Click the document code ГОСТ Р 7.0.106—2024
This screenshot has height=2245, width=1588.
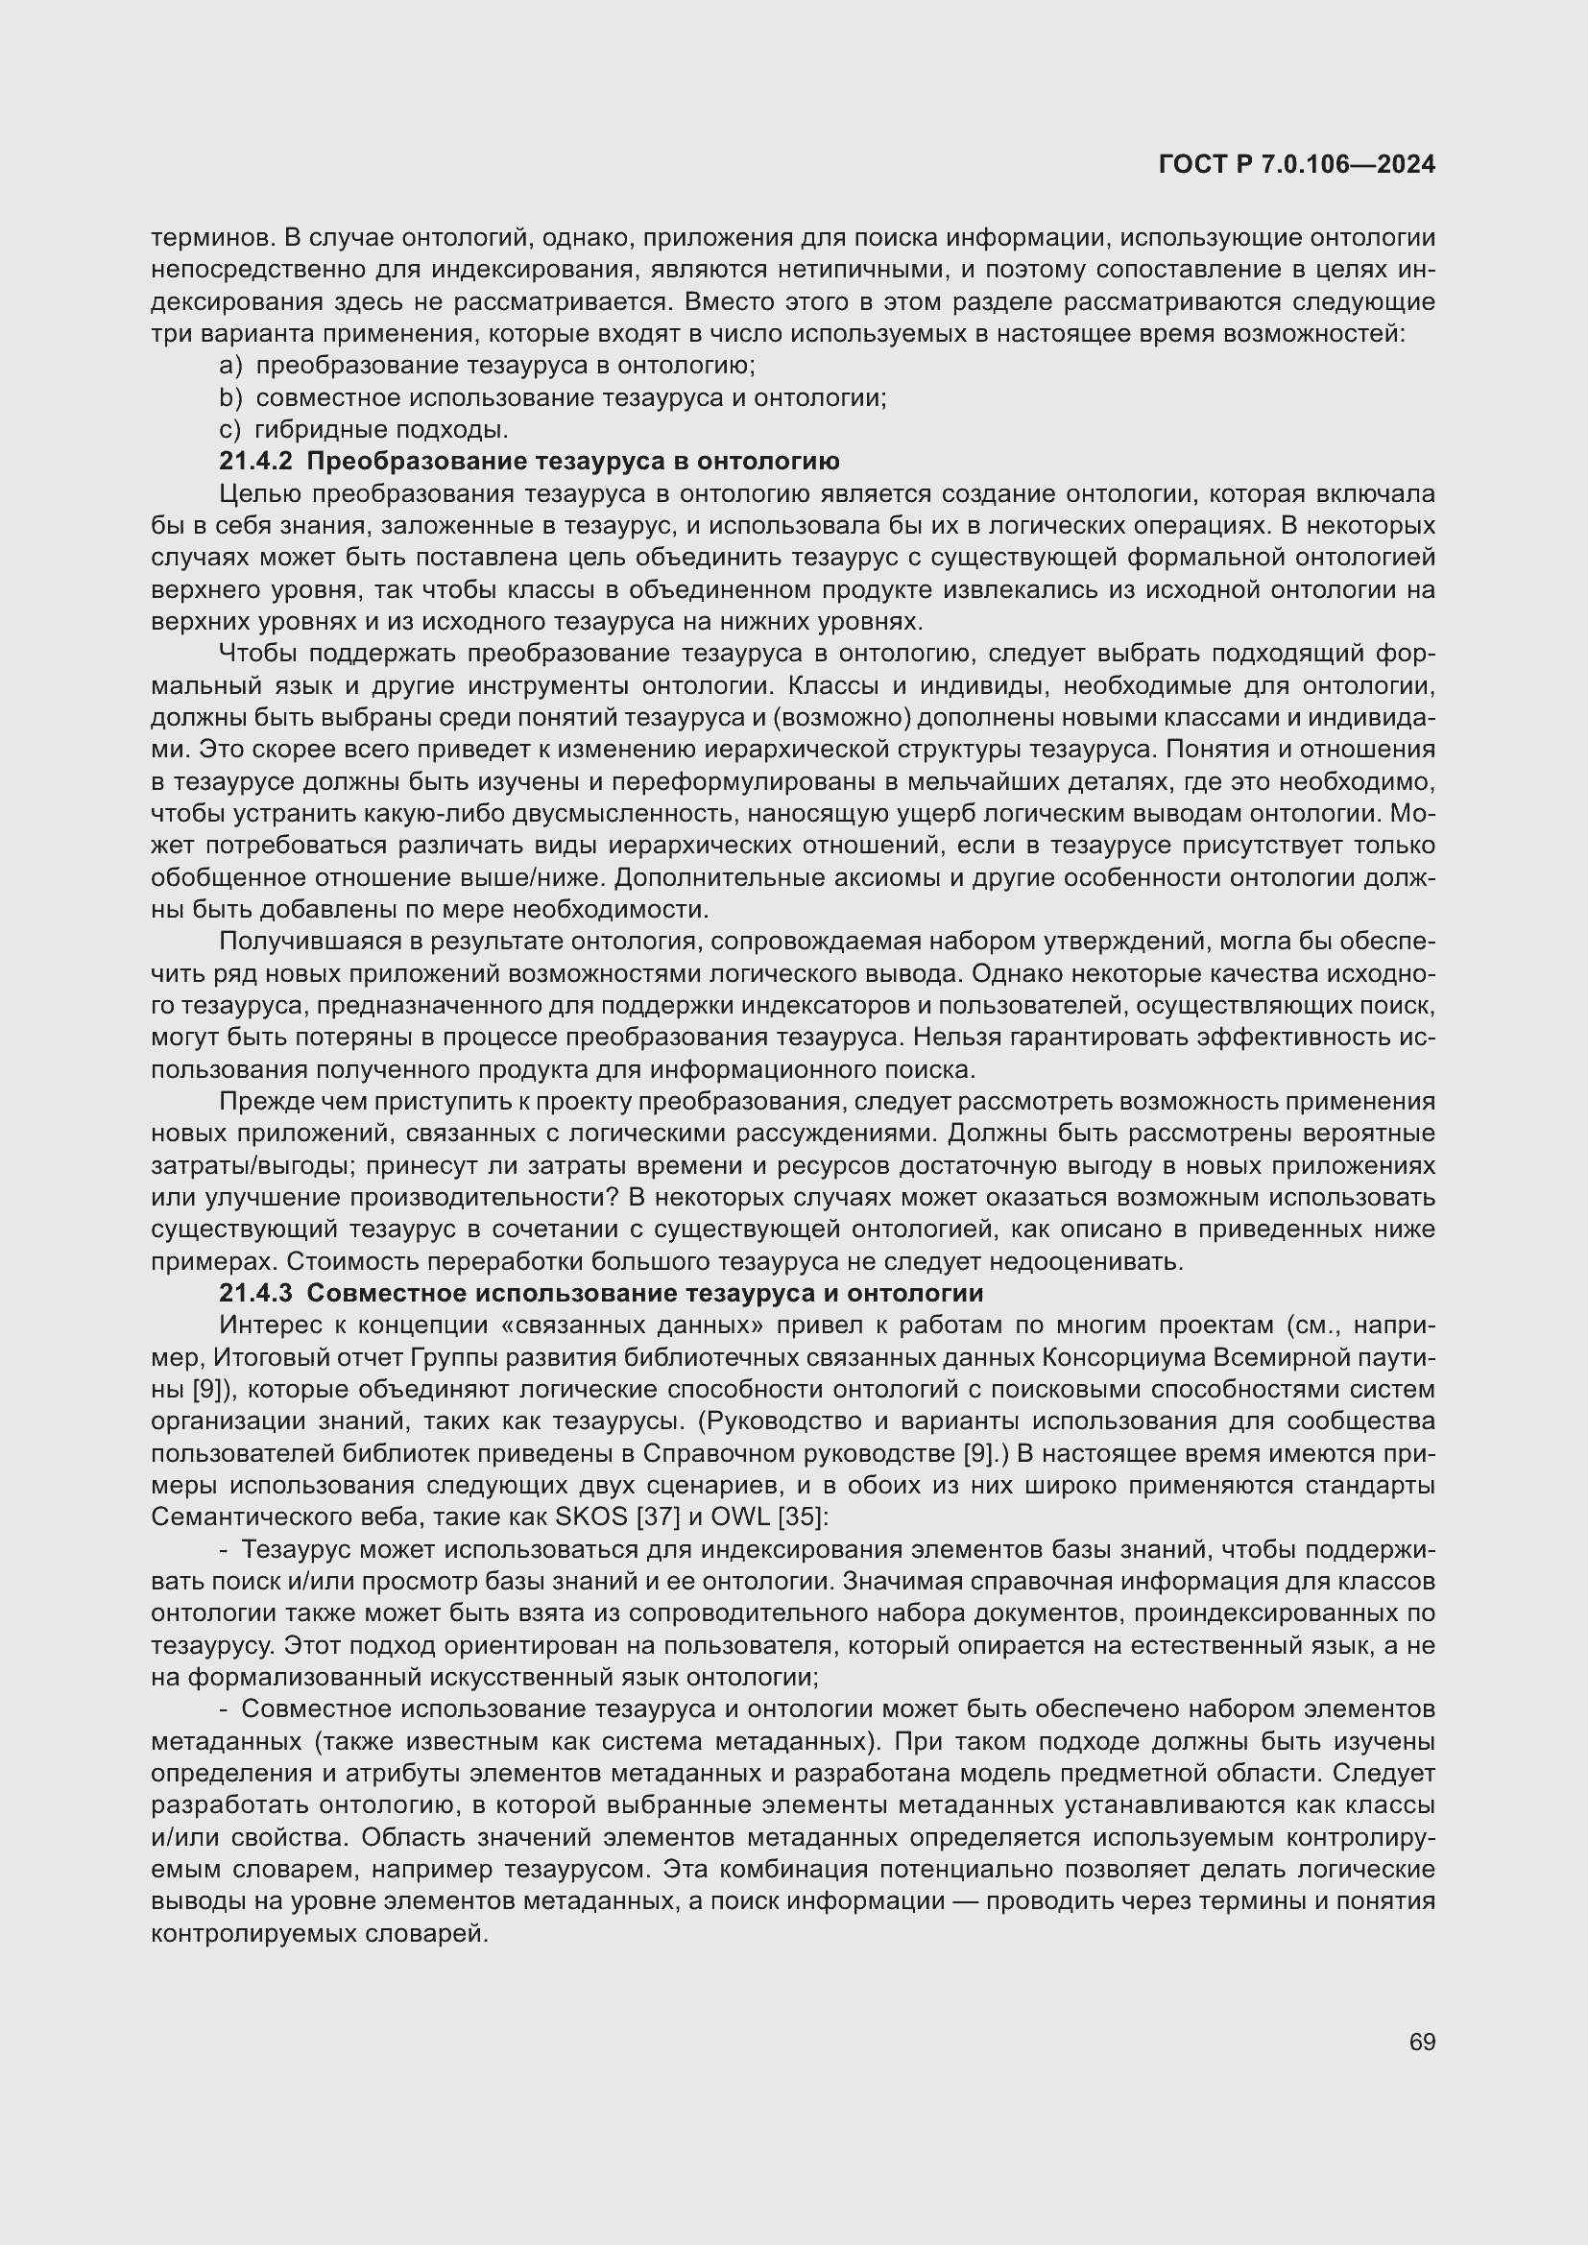tap(1296, 164)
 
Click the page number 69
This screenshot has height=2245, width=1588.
tap(1422, 2042)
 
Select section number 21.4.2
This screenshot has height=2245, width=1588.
tap(255, 462)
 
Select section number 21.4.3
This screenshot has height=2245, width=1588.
tap(255, 1294)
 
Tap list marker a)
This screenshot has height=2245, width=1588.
tap(230, 366)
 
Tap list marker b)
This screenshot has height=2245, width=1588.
tap(230, 398)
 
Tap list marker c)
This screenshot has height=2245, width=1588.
tap(229, 430)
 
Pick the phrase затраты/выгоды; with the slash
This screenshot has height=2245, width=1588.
tap(234, 1165)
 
